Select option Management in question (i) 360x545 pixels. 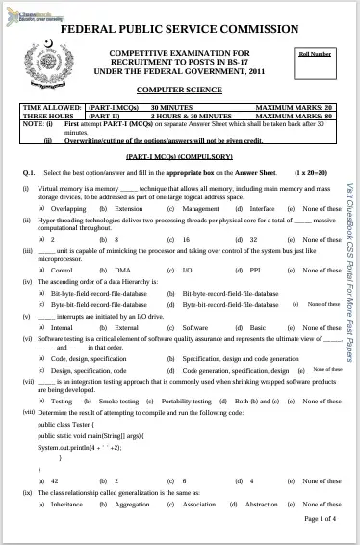200,209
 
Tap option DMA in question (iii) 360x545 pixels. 122,271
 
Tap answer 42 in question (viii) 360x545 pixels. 55,480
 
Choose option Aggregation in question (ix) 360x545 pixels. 132,504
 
